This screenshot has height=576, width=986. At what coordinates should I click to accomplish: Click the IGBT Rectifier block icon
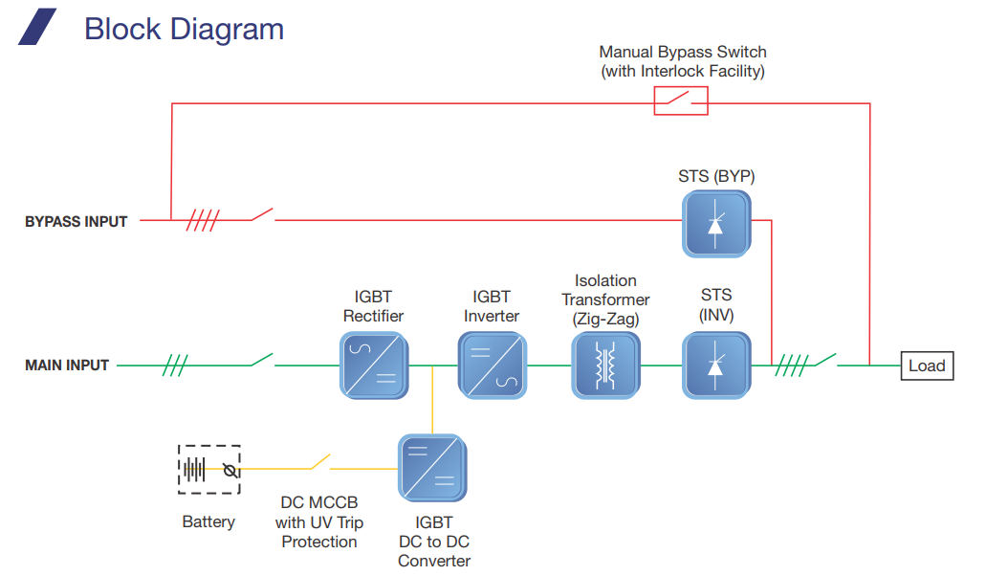[x=374, y=366]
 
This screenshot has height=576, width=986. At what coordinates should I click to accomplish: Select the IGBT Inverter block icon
[x=493, y=366]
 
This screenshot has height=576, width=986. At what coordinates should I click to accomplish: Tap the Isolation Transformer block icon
[x=605, y=366]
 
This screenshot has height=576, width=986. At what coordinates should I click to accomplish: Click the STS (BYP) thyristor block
[x=716, y=224]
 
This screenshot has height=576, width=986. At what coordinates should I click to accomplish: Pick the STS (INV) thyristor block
[x=716, y=366]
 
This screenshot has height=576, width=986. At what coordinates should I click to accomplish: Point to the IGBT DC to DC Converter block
[x=432, y=468]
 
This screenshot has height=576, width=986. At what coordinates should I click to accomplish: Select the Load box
[x=927, y=366]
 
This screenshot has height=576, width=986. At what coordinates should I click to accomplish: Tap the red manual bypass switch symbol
[x=681, y=100]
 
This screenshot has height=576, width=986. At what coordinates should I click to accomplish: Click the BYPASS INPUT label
[x=77, y=221]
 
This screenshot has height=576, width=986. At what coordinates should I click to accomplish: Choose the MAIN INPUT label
[x=67, y=366]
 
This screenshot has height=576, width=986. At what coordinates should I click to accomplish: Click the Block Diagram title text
[x=185, y=29]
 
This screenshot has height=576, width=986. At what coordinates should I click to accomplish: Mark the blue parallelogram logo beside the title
[x=37, y=27]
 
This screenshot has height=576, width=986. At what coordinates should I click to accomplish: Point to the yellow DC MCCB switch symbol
[x=321, y=462]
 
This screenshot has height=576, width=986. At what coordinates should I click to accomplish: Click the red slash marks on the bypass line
[x=203, y=220]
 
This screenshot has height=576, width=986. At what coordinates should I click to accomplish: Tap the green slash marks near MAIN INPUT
[x=175, y=366]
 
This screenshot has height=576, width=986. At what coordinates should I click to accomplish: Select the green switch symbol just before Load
[x=825, y=361]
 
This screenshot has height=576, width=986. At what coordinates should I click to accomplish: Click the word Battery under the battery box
[x=208, y=521]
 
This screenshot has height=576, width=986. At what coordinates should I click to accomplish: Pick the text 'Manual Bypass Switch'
[x=683, y=52]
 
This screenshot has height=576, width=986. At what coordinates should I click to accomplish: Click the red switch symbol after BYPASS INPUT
[x=263, y=214]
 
